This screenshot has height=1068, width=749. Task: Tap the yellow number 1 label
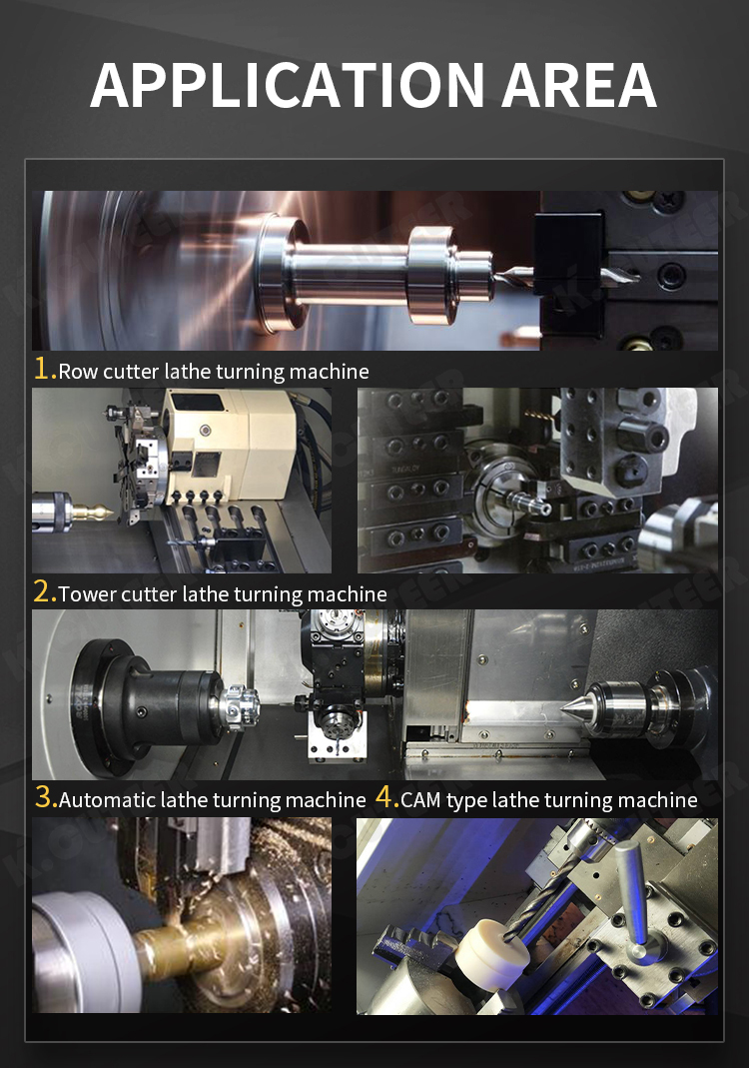(43, 369)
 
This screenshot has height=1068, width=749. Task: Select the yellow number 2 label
(44, 591)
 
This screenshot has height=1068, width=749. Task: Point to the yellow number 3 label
(45, 796)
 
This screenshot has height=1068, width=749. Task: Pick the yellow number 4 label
(386, 796)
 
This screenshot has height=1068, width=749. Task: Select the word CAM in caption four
(420, 799)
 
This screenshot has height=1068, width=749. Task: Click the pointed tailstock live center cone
(575, 706)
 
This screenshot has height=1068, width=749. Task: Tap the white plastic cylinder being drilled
(493, 950)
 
